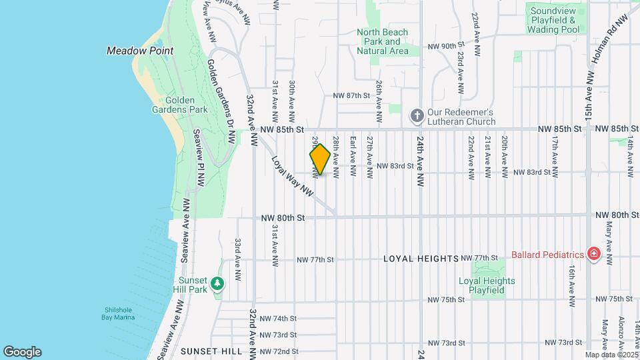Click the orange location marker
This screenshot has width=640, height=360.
[x=320, y=159]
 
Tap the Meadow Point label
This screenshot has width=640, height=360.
[x=141, y=51]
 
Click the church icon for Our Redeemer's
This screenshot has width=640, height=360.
[x=417, y=116]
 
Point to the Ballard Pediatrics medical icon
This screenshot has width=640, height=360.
[x=593, y=254]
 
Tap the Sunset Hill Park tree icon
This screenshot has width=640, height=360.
[x=217, y=284]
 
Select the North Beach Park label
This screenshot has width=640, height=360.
[x=382, y=41]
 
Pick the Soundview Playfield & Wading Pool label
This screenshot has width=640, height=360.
[x=553, y=20]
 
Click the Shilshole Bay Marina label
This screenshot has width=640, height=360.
[x=120, y=313]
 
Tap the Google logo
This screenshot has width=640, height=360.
[x=22, y=351]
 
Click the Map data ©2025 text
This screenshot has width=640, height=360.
[x=611, y=355]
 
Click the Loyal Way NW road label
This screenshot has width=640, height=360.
[x=292, y=176]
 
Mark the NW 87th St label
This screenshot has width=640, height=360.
[x=351, y=96]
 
